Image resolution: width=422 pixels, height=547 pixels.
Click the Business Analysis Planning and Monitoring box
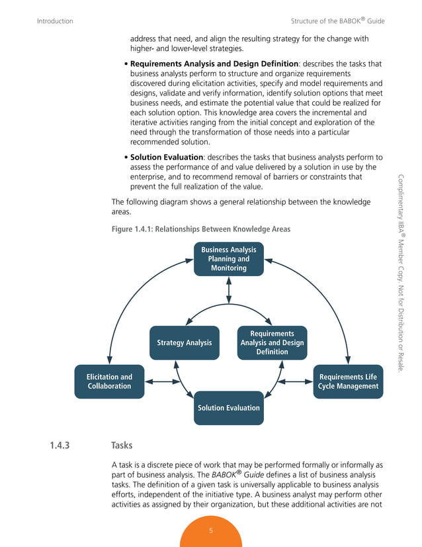pos(229,259)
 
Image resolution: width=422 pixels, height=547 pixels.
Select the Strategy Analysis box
pos(184,343)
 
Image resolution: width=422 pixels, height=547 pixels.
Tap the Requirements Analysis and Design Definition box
pos(272,343)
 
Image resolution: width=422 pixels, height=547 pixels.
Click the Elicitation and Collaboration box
pos(109,381)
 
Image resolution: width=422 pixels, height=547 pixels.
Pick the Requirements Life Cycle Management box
pos(348,381)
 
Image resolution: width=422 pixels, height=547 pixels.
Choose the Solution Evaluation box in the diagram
pos(229,408)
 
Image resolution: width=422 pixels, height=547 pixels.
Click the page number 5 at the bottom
pos(211,530)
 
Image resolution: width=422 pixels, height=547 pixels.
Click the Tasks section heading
pos(122,446)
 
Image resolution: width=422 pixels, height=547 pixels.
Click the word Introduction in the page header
pos(55,21)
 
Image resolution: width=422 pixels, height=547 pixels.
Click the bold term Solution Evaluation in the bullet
pos(166,158)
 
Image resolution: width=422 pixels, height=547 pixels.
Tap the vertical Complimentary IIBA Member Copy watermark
pos(401,272)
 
